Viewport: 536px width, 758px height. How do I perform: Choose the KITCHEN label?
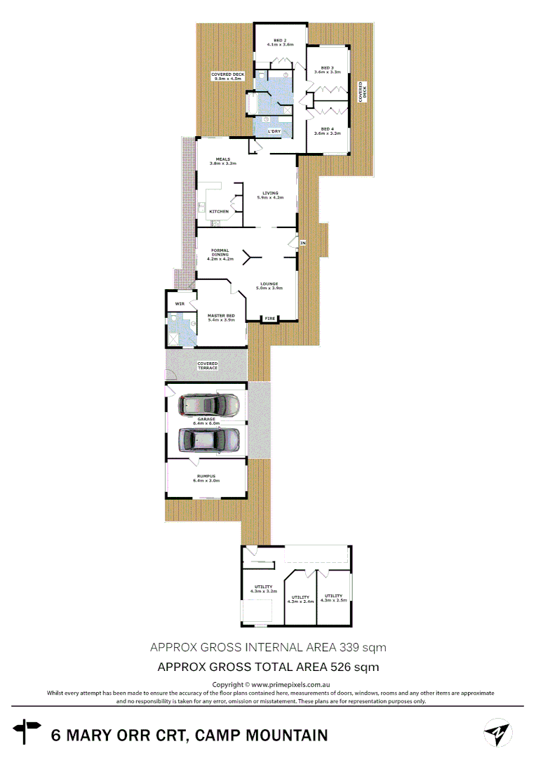point(219,211)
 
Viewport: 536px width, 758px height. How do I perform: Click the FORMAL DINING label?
point(220,253)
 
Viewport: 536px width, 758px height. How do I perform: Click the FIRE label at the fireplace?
point(270,319)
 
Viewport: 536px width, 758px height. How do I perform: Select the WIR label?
point(180,303)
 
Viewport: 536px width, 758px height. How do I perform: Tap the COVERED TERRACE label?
point(208,366)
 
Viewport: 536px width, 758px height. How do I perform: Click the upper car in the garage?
point(208,404)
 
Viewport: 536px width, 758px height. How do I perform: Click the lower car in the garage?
point(208,440)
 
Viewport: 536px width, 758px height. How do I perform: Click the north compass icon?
point(498,733)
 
